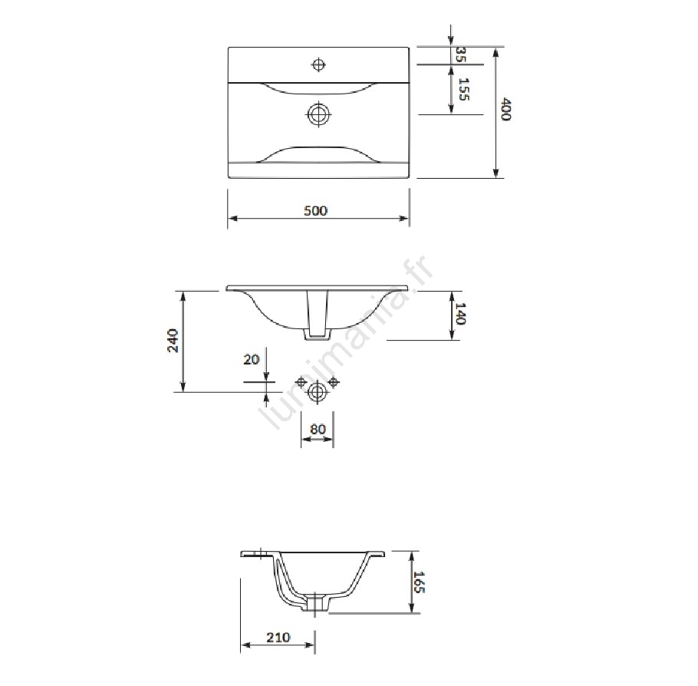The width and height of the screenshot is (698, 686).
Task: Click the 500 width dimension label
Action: pyautogui.click(x=315, y=210)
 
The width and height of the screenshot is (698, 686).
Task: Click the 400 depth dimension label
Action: pyautogui.click(x=505, y=109)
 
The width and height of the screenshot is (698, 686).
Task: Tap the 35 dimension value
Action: pyautogui.click(x=461, y=54)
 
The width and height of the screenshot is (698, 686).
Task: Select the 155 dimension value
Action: pyautogui.click(x=463, y=89)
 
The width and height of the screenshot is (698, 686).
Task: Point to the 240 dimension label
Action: pyautogui.click(x=173, y=341)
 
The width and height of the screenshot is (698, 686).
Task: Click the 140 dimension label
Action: pyautogui.click(x=460, y=314)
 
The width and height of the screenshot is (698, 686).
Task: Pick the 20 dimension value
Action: pyautogui.click(x=251, y=359)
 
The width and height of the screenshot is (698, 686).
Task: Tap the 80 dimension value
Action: pyautogui.click(x=318, y=429)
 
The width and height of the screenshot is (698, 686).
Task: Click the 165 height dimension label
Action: pyautogui.click(x=420, y=582)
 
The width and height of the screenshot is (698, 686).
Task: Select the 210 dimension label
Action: pyautogui.click(x=278, y=638)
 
